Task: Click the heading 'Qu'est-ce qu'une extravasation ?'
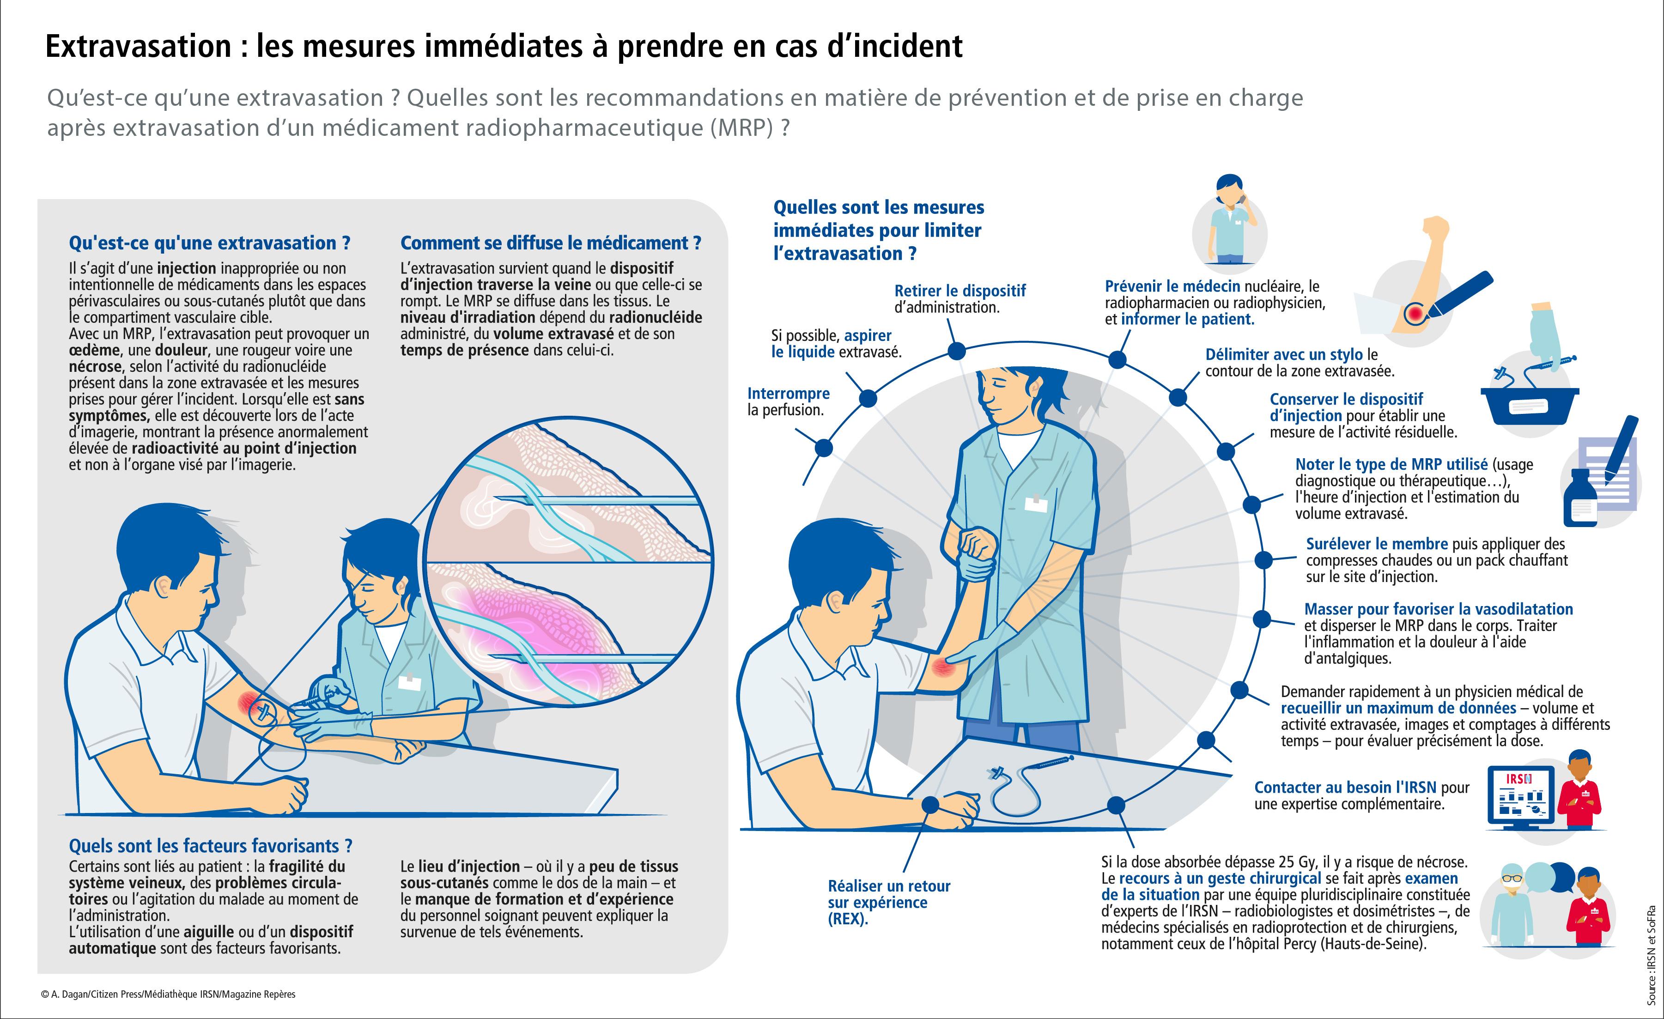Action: (x=209, y=243)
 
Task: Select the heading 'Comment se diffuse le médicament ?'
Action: (x=550, y=243)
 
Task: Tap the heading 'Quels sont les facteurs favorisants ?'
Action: (x=211, y=846)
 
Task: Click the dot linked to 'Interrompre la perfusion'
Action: (x=823, y=448)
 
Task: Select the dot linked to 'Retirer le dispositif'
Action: (x=956, y=351)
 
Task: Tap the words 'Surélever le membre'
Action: (x=1376, y=544)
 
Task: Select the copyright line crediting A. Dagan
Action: (x=168, y=995)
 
